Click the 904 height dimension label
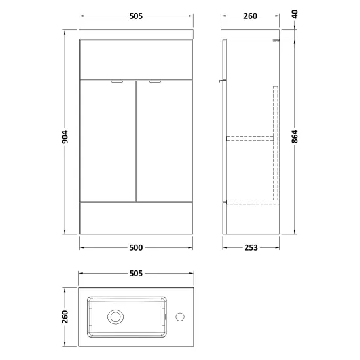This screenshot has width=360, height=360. (65, 137)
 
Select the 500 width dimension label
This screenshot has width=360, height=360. (136, 247)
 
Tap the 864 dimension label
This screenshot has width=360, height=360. (295, 137)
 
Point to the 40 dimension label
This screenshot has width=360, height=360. (295, 14)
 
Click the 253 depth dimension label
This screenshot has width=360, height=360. (251, 247)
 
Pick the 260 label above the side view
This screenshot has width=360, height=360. (250, 16)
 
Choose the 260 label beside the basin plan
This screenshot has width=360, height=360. (65, 317)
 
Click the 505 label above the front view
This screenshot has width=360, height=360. (136, 16)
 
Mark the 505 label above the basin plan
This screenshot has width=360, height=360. (136, 273)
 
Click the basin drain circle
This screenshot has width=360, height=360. (115, 317)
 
